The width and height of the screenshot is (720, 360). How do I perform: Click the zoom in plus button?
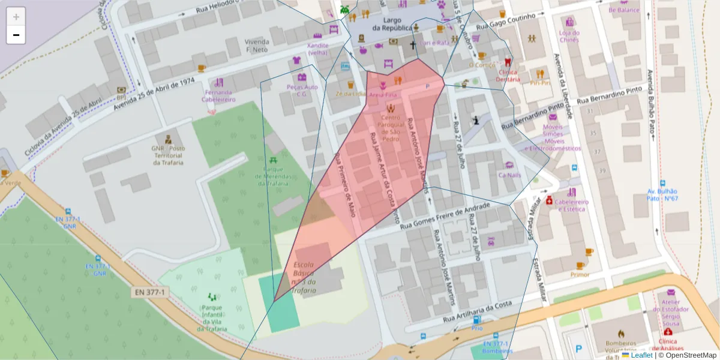(16, 16)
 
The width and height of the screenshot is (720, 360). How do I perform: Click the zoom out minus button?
(16, 35)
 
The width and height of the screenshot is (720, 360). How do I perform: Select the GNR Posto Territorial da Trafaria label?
(169, 155)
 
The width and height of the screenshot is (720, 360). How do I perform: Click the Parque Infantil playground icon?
(211, 296)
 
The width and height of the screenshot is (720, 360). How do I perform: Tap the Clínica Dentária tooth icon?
(508, 61)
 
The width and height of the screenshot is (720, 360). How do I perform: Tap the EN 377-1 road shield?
(149, 292)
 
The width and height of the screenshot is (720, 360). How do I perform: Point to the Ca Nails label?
(510, 175)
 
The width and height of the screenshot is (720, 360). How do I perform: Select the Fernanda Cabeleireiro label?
(218, 96)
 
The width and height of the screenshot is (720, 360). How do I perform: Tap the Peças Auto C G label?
(302, 91)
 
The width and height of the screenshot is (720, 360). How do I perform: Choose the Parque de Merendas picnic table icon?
(274, 160)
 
